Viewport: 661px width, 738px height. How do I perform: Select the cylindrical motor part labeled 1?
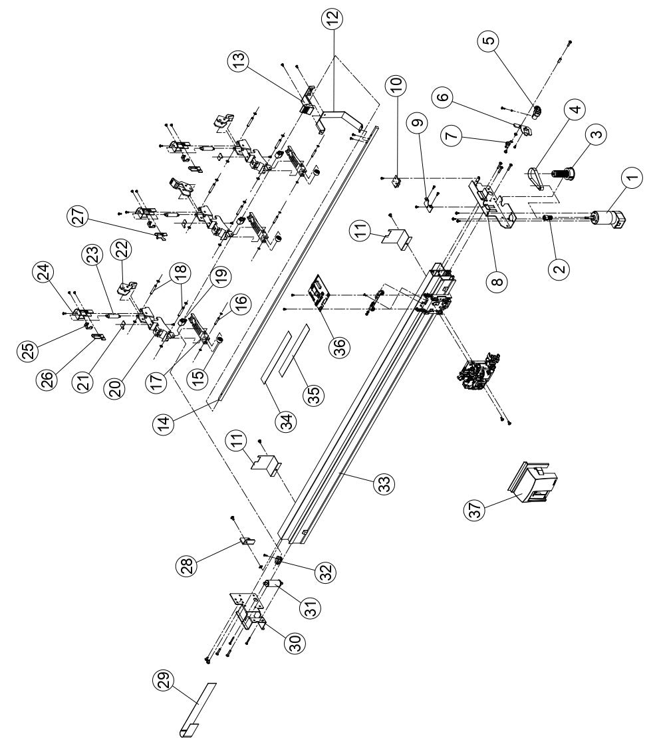[x=606, y=220]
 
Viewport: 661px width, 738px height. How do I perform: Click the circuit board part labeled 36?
[x=315, y=292]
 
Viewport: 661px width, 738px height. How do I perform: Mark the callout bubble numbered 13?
[x=238, y=64]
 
